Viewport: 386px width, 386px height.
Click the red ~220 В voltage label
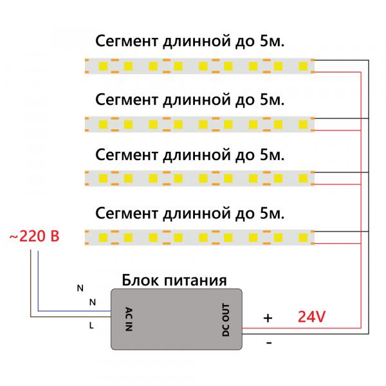[34, 237]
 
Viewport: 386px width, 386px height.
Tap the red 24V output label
[311, 317]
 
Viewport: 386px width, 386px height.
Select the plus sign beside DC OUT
[268, 318]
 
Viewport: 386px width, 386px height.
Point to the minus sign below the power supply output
[269, 343]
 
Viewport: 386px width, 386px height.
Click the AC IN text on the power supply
[128, 318]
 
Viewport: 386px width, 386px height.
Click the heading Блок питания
[174, 280]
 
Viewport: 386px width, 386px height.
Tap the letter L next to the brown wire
[91, 326]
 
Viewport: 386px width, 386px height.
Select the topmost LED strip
[199, 66]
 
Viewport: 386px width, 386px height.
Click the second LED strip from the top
[199, 122]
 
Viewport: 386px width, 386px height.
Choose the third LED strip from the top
[199, 178]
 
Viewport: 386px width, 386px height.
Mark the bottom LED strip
[199, 237]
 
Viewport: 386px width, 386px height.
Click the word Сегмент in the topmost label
[126, 42]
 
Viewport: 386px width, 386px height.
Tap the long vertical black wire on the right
[369, 193]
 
